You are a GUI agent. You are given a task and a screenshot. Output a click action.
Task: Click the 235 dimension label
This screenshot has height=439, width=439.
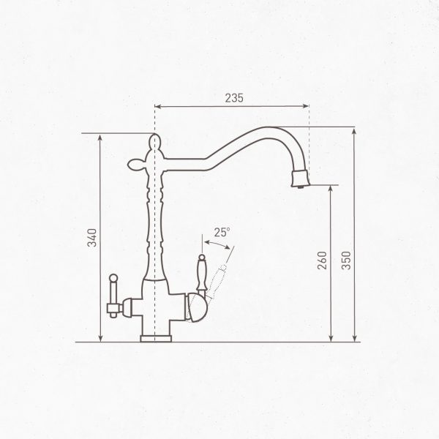click(x=234, y=98)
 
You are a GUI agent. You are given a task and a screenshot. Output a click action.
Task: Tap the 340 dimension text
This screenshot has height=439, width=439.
click(x=92, y=238)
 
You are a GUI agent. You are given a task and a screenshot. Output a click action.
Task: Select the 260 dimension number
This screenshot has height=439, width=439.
click(x=322, y=260)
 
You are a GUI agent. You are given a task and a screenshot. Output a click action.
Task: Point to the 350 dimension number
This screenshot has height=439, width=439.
click(x=346, y=260)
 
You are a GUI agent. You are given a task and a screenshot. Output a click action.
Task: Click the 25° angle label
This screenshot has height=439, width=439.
click(x=222, y=233)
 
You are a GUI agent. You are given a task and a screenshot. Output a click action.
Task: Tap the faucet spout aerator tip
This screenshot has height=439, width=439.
click(x=301, y=179)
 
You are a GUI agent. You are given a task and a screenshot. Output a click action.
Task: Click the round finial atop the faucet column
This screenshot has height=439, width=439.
click(x=154, y=142)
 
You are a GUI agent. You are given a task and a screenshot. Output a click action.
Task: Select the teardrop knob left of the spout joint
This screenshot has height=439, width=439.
click(x=136, y=165)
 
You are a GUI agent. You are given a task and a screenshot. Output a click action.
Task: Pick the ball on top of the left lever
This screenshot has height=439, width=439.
click(x=113, y=278)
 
